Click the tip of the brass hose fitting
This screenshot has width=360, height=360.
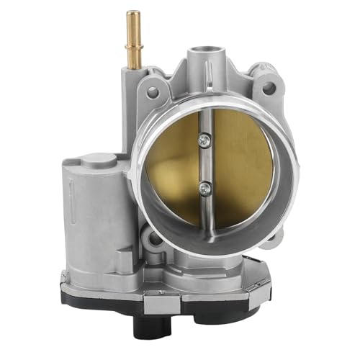pyautogui.click(x=132, y=15)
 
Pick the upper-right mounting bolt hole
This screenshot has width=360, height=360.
pyautogui.click(x=269, y=89)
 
